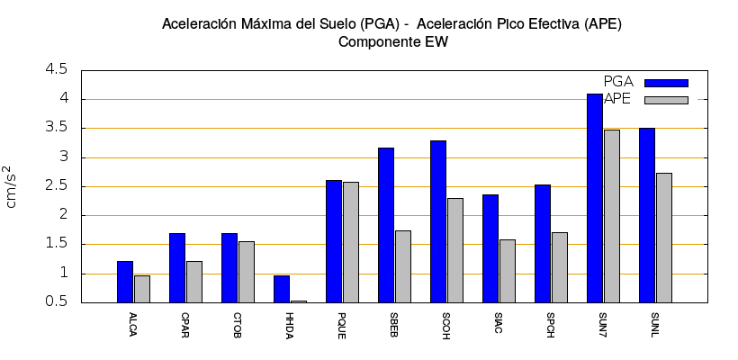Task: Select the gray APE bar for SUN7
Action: point(612,216)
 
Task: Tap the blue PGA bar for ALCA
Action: point(125,282)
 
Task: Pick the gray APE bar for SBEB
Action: point(403,266)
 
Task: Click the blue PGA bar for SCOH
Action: point(438,221)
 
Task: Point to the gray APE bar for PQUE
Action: point(351,242)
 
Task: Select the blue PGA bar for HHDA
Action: point(282,289)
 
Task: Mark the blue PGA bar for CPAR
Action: point(177,267)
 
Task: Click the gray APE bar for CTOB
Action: point(247,272)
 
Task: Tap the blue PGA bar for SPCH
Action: point(543,243)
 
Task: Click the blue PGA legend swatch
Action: point(666,83)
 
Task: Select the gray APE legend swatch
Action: point(666,100)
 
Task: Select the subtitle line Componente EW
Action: point(391,41)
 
